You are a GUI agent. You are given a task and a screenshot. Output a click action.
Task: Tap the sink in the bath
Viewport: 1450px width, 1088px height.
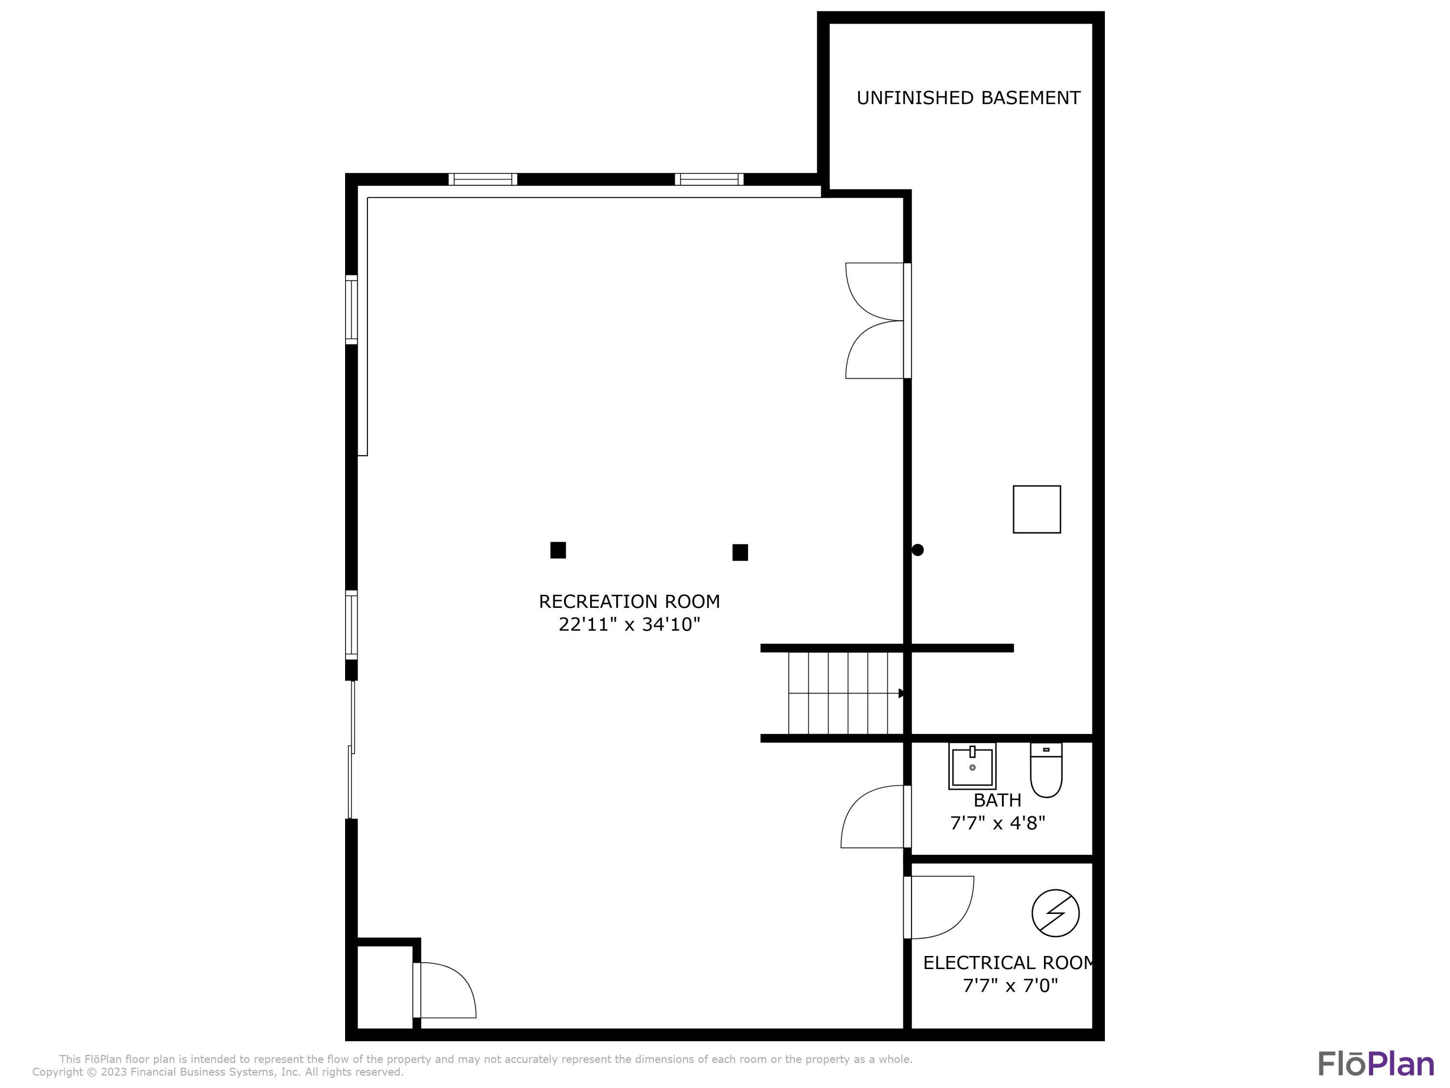[972, 766]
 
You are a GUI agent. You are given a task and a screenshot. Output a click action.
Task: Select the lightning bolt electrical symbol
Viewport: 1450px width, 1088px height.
[1056, 913]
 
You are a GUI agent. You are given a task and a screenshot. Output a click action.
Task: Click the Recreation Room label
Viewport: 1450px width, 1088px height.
[629, 602]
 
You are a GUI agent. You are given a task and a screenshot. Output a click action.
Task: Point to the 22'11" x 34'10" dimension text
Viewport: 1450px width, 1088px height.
[629, 624]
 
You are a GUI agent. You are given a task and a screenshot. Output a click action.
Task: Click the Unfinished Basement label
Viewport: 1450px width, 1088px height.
[968, 98]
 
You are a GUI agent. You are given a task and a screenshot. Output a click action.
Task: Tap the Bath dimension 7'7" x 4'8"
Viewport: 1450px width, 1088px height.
[997, 823]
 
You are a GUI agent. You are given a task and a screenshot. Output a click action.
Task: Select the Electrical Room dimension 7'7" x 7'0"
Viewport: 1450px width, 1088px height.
[1010, 985]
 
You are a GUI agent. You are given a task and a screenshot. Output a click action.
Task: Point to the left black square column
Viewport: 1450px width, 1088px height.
[558, 550]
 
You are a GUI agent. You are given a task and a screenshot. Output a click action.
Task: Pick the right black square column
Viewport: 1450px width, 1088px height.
[740, 552]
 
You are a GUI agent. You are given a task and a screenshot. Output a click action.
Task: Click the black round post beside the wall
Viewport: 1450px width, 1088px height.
[918, 550]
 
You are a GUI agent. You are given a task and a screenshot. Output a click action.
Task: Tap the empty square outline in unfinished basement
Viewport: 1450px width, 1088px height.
[1036, 510]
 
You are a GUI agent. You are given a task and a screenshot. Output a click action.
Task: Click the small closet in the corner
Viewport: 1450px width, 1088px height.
[385, 987]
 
